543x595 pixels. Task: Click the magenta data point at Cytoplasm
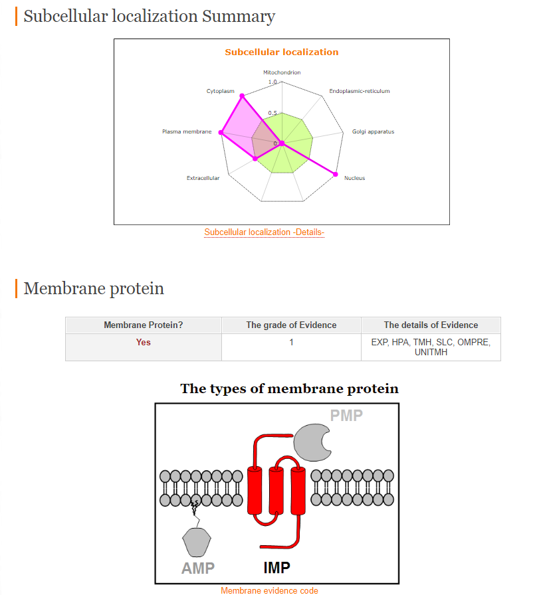242,96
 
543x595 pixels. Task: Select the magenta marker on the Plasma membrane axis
221,132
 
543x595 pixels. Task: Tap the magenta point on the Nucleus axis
335,174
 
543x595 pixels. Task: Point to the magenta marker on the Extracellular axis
255,159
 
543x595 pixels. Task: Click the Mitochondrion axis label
282,72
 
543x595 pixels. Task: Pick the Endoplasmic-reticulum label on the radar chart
359,91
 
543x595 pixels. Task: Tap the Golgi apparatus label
373,131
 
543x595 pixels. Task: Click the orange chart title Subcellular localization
281,52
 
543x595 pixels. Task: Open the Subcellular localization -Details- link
265,232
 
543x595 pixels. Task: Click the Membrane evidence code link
269,590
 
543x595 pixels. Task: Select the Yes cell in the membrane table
143,342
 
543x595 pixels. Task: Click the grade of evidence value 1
291,342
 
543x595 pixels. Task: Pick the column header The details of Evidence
431,325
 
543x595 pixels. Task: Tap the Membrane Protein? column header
143,325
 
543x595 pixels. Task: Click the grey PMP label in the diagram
346,416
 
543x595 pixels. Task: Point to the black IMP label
276,568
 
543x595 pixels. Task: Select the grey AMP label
198,568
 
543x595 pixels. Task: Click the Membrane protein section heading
94,288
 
